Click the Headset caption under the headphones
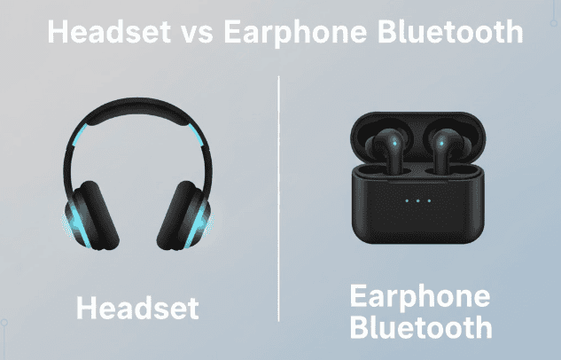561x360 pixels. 136,308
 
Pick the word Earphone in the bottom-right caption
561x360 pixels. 419,296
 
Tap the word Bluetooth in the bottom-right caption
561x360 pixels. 419,327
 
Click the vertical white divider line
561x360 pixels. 279,195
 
